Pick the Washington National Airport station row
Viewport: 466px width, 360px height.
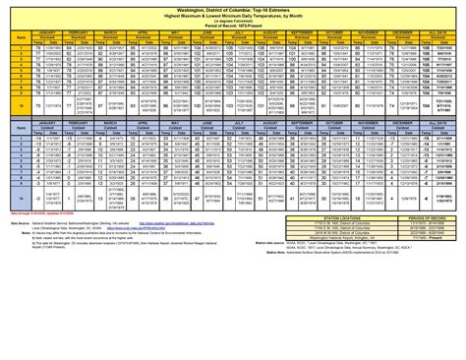pyautogui.click(x=334, y=278)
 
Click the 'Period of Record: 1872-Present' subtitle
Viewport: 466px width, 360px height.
pyautogui.click(x=233, y=25)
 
